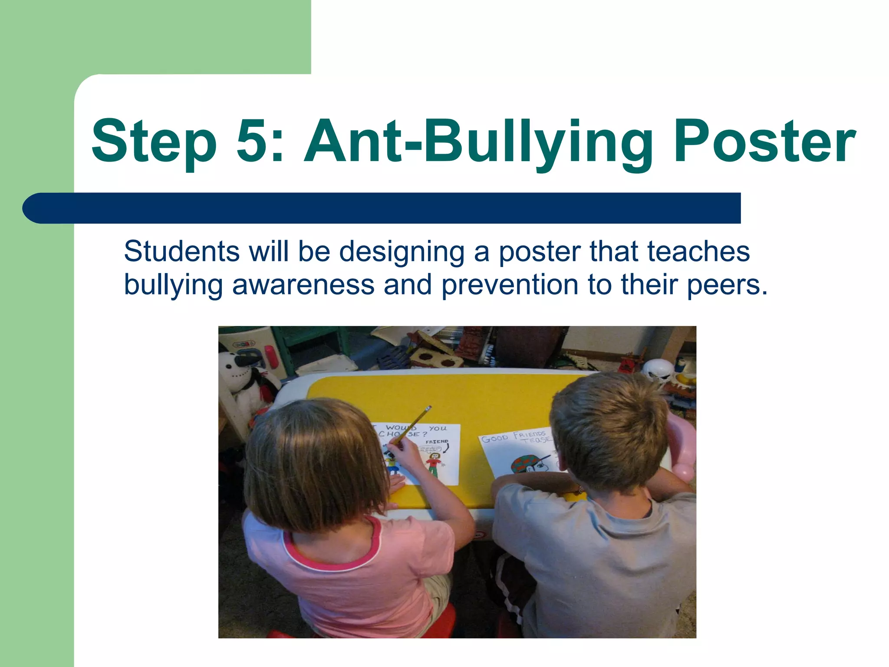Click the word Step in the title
pyautogui.click(x=154, y=142)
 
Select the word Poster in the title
pyautogui.click(x=764, y=142)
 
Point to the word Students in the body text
pyautogui.click(x=181, y=251)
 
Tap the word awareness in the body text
pyautogui.click(x=303, y=285)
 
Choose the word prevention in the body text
pyautogui.click(x=510, y=286)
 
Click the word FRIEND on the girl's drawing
pyautogui.click(x=436, y=442)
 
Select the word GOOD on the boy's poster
pyautogui.click(x=494, y=439)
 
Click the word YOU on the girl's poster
pyautogui.click(x=438, y=428)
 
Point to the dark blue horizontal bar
pyautogui.click(x=382, y=208)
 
